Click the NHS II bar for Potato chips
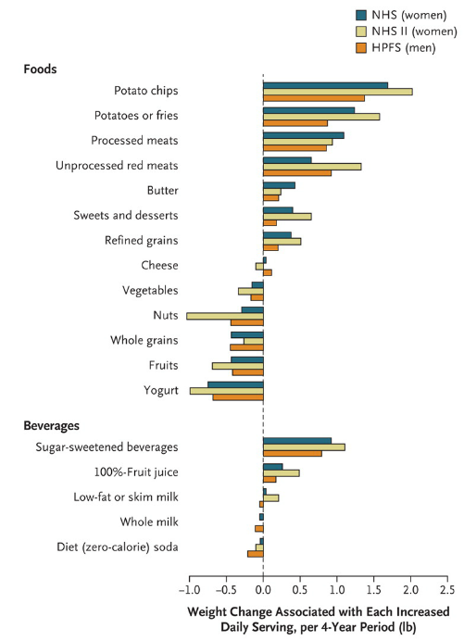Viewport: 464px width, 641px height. coord(338,92)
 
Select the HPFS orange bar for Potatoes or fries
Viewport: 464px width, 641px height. coord(295,123)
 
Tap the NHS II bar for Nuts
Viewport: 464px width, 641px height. coord(225,316)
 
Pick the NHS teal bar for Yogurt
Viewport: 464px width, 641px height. coord(235,384)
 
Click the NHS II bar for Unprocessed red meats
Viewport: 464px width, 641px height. coord(312,167)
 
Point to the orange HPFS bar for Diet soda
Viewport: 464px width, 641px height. coord(256,554)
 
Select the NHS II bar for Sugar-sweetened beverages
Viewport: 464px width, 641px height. coord(304,446)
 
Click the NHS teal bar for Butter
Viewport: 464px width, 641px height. coord(279,185)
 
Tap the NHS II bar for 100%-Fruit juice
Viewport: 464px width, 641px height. coord(282,473)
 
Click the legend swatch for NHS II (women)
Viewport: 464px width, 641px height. coord(361,31)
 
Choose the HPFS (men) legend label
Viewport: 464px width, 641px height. coord(404,48)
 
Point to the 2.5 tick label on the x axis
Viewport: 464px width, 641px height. coord(447,590)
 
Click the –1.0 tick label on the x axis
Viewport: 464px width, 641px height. coord(189,590)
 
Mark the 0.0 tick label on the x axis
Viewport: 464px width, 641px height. coord(263,590)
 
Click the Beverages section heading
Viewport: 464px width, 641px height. coord(52,425)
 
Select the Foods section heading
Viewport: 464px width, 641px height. coord(40,69)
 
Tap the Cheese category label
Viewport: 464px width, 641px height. coord(160,265)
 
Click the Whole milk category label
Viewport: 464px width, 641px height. coord(149,522)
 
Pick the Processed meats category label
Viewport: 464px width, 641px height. coord(134,141)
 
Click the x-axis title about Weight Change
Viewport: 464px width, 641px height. coord(319,620)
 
